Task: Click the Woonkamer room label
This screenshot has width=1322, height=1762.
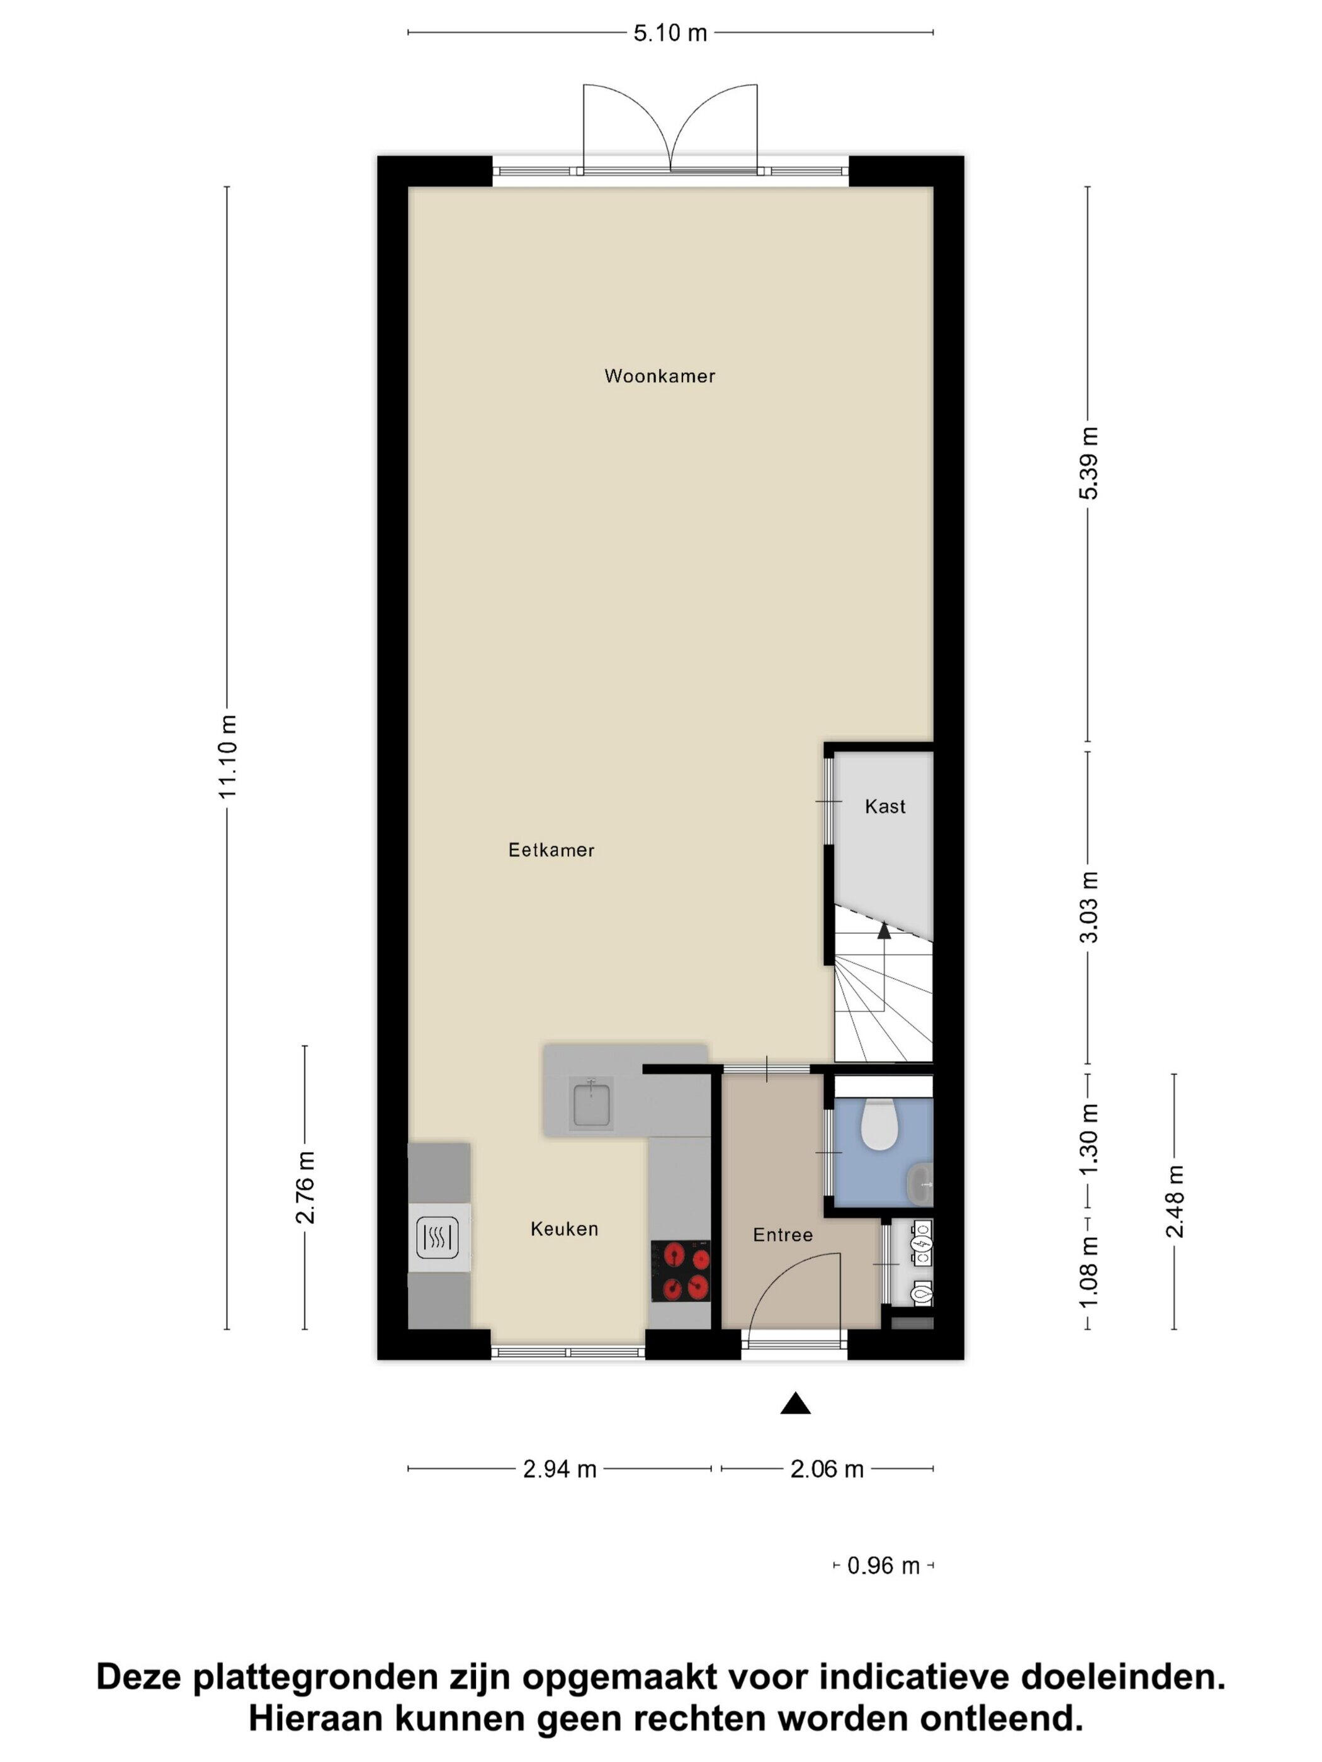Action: [x=659, y=376]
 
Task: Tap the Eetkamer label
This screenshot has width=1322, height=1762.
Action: [x=551, y=850]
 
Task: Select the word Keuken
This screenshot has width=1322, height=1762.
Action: [x=564, y=1229]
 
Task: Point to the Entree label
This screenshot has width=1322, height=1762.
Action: [x=782, y=1235]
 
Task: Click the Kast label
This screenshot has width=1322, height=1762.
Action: [x=885, y=807]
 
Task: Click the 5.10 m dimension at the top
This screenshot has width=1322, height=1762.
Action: [x=670, y=33]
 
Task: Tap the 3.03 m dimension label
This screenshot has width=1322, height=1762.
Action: [x=1088, y=907]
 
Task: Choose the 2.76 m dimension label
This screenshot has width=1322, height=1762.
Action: [x=306, y=1187]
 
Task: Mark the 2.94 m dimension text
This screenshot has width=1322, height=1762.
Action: [x=560, y=1469]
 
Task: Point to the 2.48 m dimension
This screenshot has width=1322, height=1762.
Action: [x=1175, y=1201]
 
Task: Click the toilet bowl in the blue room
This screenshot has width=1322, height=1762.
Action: [x=879, y=1124]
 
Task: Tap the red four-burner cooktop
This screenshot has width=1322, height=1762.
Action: [x=681, y=1271]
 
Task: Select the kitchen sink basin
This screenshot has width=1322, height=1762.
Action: [x=590, y=1103]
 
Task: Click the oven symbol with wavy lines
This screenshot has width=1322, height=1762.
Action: [x=438, y=1238]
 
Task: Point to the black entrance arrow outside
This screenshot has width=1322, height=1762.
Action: [x=795, y=1403]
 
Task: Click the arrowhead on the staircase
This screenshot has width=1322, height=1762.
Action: [x=884, y=929]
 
